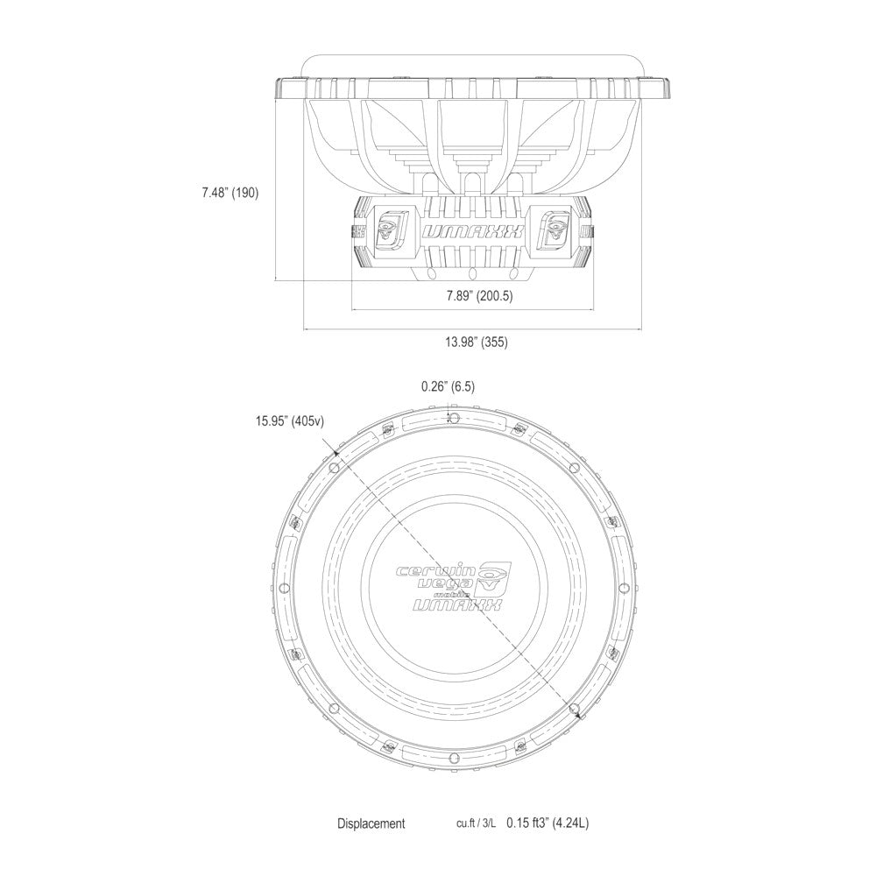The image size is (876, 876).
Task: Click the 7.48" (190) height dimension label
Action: (x=230, y=194)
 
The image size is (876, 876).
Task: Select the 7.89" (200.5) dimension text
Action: (x=479, y=295)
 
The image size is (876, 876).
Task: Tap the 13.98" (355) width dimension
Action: (x=477, y=342)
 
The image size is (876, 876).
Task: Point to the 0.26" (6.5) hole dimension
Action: (x=448, y=386)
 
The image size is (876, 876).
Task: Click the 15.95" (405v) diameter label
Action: (x=290, y=421)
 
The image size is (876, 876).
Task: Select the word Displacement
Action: (x=371, y=823)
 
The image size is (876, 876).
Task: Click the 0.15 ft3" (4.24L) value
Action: (x=547, y=823)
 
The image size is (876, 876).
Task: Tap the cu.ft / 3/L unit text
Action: (x=476, y=823)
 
